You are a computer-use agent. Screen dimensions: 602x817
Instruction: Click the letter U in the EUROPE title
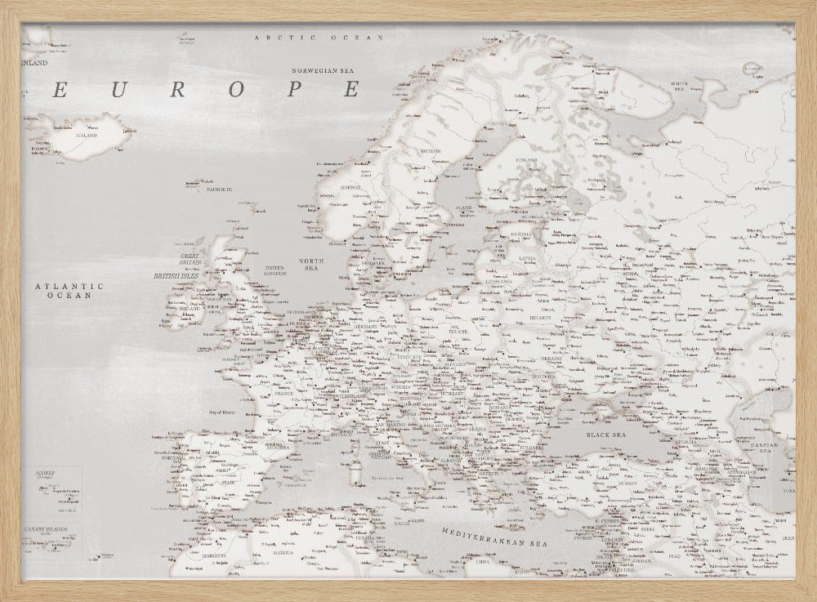click(118, 90)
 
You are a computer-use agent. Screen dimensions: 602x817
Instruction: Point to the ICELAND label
click(86, 135)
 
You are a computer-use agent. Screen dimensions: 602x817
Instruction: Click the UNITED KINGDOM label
click(275, 271)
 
